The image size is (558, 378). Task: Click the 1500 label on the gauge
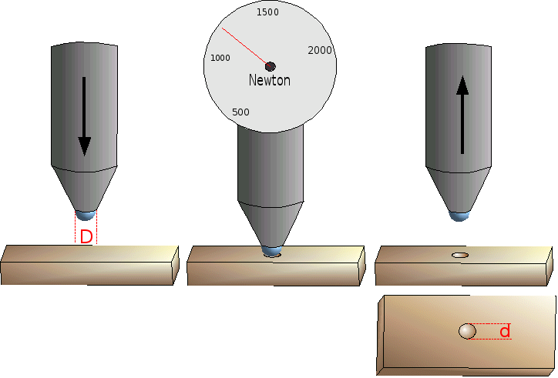coord(267,12)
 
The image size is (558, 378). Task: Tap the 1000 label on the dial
coord(220,58)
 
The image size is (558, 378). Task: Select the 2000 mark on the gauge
coord(320,51)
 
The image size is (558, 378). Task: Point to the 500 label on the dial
coord(240,112)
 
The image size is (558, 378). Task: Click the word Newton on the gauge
coord(270,80)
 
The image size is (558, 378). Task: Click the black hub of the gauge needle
coord(271,66)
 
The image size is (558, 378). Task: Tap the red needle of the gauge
coord(246,47)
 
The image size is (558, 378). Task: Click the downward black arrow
coord(84,116)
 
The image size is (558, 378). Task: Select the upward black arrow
coord(462,115)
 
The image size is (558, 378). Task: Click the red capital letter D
coord(86,237)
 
